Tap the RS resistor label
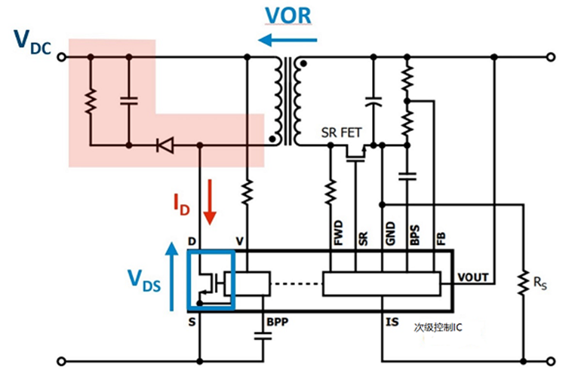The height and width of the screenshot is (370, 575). (x=539, y=285)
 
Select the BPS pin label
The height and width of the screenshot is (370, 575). (x=413, y=232)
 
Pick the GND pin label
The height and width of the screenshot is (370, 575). (x=388, y=232)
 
